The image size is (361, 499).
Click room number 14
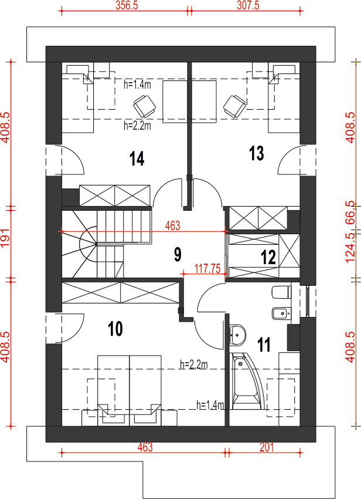(137, 159)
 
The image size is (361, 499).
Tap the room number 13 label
(257, 153)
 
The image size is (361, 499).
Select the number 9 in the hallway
(178, 254)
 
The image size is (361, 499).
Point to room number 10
(115, 329)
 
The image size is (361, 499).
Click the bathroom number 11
(264, 345)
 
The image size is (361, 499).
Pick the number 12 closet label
(268, 257)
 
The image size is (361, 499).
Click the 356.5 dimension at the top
(127, 5)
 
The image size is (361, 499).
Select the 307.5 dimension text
(248, 5)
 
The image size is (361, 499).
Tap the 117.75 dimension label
(207, 269)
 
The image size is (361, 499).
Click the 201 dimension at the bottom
(267, 447)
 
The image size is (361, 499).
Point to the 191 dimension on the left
(5, 237)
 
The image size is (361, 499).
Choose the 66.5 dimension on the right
(350, 213)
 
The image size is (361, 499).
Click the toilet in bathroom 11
(282, 292)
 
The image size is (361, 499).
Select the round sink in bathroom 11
(238, 335)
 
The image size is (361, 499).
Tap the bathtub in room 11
(246, 381)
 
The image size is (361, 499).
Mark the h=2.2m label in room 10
(194, 365)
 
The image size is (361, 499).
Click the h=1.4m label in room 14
(137, 85)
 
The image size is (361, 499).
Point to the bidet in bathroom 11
(281, 313)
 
